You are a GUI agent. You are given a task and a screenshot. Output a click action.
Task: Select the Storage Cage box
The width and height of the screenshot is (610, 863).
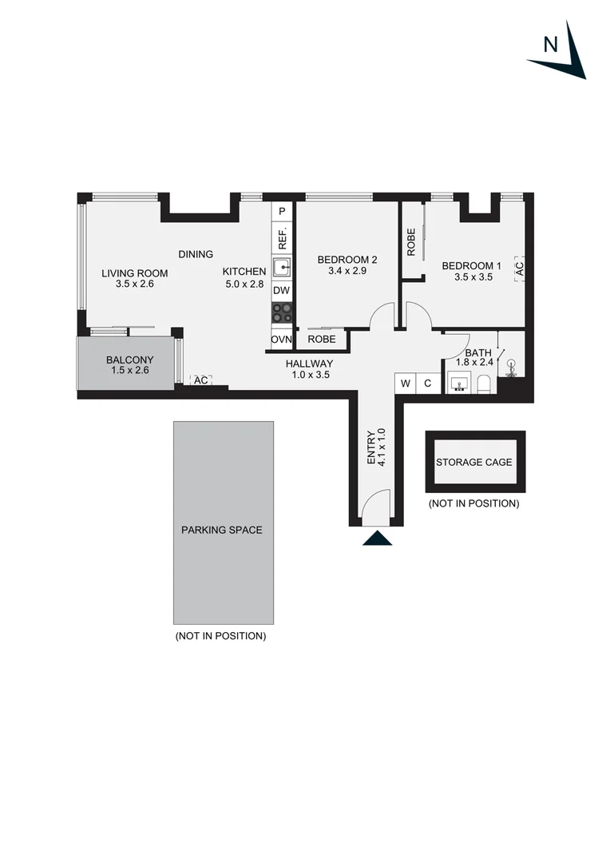coord(475,463)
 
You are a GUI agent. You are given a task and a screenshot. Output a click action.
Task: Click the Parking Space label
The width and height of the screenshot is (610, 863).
coord(221,530)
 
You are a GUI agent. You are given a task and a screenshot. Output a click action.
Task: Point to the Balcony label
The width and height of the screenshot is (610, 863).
coord(129,360)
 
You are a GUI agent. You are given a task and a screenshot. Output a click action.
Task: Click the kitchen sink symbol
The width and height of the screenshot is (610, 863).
coord(282,267)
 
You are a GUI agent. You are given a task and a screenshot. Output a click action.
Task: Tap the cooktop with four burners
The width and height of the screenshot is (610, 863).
coord(282,312)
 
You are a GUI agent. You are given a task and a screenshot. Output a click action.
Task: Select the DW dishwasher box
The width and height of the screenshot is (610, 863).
coord(282,290)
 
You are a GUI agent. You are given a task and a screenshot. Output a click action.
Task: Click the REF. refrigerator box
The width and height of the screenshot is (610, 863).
coord(282,237)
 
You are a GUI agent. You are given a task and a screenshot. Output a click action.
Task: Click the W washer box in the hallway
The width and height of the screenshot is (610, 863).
coord(406,384)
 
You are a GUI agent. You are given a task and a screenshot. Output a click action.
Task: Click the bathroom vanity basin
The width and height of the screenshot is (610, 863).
coord(458,386)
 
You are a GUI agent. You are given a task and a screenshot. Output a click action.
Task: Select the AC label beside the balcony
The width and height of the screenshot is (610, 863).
coord(201,380)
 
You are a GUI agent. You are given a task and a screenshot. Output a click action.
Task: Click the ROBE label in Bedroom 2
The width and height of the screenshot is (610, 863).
coord(322,340)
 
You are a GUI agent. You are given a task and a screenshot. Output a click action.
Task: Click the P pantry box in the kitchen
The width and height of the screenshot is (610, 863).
coord(282,212)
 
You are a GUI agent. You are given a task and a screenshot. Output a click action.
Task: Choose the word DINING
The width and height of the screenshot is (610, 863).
coord(196,254)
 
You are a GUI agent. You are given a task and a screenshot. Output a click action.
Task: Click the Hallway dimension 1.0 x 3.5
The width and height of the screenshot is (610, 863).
coord(311,374)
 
